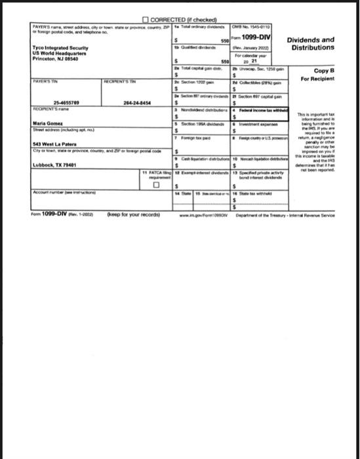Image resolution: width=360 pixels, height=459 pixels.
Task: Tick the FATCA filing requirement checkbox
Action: [155, 184]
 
